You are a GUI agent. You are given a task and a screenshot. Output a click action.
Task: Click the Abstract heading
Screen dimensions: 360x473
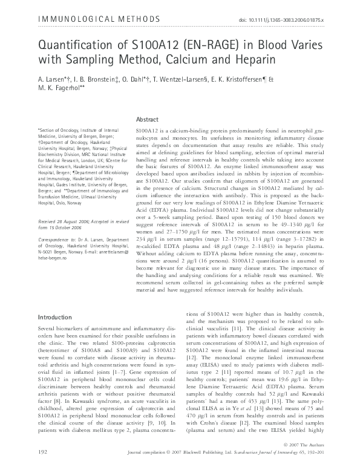[148, 120]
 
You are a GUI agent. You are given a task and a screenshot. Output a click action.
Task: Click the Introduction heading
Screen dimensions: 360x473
[56, 317]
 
